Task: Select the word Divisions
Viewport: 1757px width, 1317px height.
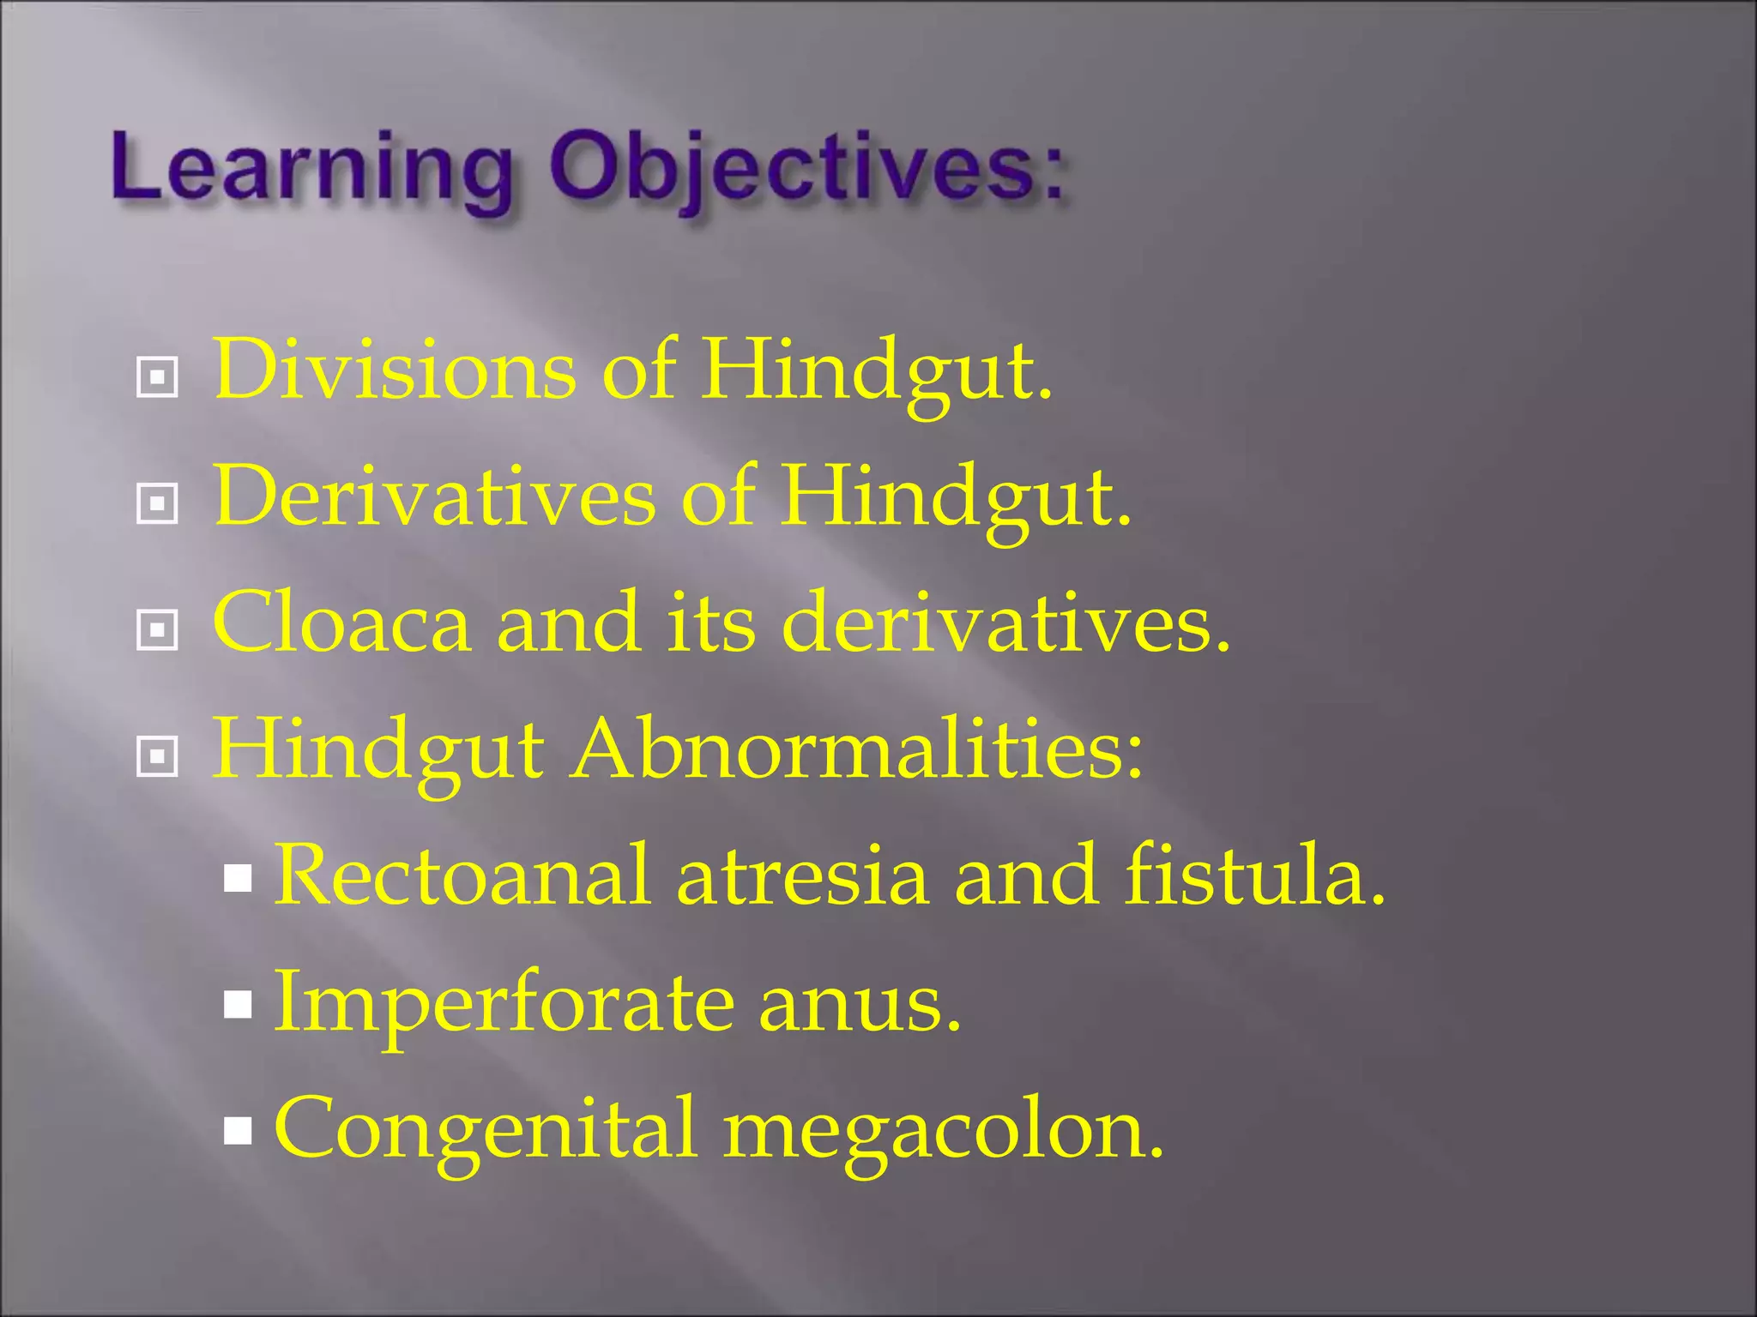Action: pyautogui.click(x=395, y=370)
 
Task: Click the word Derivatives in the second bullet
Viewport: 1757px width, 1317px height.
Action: pyautogui.click(x=433, y=497)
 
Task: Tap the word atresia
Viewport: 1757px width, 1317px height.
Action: pyautogui.click(x=802, y=875)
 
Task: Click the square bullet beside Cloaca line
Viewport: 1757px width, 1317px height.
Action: pyautogui.click(x=157, y=630)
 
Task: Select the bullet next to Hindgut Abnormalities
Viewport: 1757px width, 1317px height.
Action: pyautogui.click(x=157, y=756)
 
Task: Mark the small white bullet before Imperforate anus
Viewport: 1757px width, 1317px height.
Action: pyautogui.click(x=238, y=1004)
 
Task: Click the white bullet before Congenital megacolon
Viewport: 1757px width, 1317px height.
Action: pyautogui.click(x=238, y=1131)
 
